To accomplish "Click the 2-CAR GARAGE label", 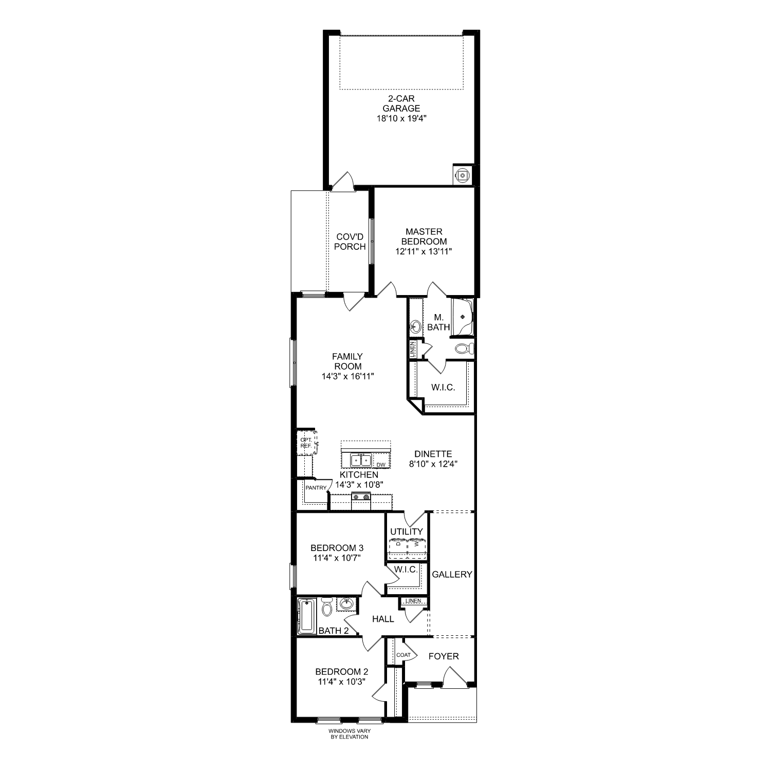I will pos(401,108).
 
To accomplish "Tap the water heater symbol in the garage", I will pos(463,175).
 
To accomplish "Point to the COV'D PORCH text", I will pos(350,242).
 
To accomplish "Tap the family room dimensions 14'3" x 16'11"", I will pos(347,376).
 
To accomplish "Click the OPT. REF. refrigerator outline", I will pos(306,443).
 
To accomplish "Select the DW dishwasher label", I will pos(381,465).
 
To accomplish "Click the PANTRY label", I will pos(316,488).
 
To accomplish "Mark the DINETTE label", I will pos(433,454).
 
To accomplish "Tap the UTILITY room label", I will pos(406,531).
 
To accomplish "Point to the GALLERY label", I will pos(452,575).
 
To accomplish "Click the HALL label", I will pos(383,619).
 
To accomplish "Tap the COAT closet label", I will pos(403,655).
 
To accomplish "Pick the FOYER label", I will pos(444,656).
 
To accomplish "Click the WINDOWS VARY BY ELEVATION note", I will pos(350,733).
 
